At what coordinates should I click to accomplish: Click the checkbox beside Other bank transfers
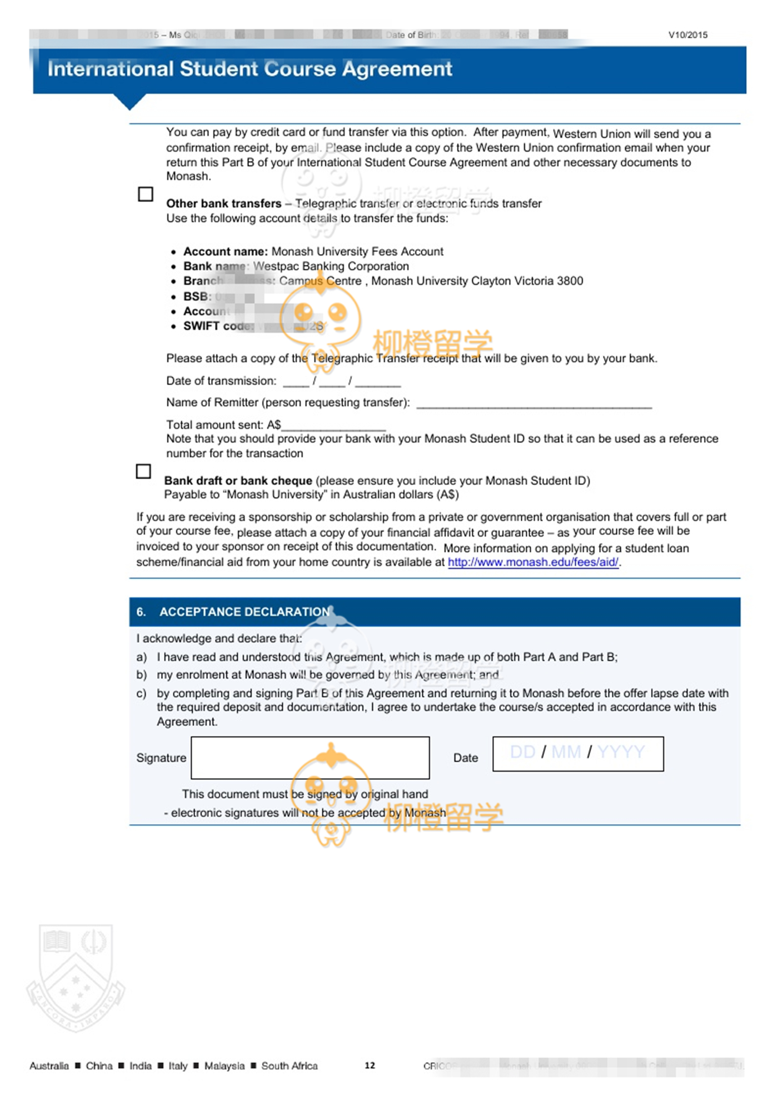[146, 194]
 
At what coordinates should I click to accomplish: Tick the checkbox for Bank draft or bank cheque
[143, 471]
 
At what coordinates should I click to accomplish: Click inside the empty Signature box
[310, 757]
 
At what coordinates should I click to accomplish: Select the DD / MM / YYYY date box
[578, 753]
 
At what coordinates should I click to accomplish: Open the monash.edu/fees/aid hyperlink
[533, 562]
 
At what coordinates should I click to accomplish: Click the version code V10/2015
[688, 34]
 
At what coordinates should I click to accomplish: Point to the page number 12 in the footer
[370, 1065]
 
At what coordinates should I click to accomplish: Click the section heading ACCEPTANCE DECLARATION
[245, 612]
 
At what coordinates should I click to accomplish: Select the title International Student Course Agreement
[250, 69]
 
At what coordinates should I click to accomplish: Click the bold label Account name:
[226, 251]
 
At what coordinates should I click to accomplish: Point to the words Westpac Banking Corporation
[331, 266]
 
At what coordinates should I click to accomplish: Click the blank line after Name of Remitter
[533, 404]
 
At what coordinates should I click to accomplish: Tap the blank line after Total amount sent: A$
[333, 426]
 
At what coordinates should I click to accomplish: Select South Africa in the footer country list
[290, 1066]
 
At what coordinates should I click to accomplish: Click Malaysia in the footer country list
[225, 1066]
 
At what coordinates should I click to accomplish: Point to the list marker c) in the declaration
[142, 693]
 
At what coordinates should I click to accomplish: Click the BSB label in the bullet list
[197, 296]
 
